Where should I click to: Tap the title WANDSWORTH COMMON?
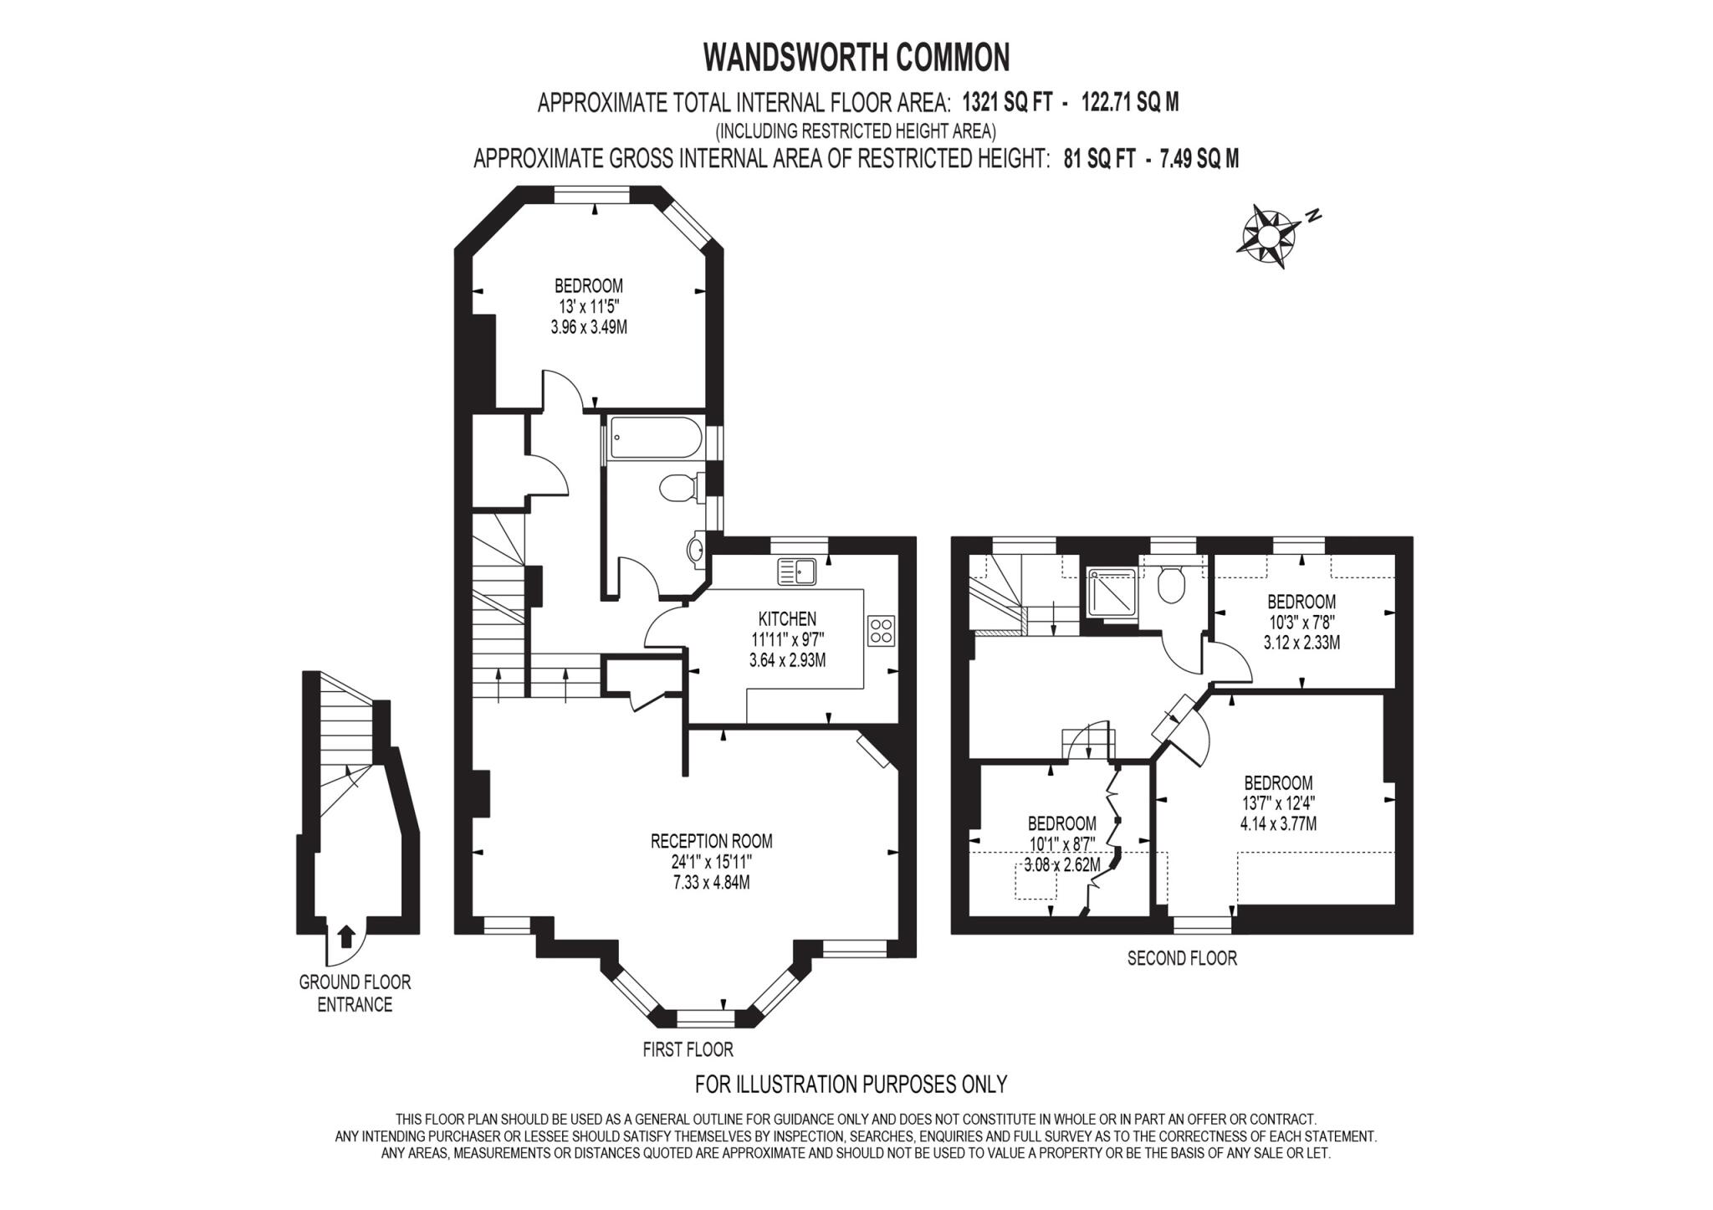[856, 57]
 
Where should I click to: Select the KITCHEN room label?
[787, 619]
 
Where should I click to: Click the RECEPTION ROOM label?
[711, 841]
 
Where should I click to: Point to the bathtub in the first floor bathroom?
[653, 438]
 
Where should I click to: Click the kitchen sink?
[798, 572]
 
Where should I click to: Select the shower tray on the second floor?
[1112, 592]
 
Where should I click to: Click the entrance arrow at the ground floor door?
[347, 936]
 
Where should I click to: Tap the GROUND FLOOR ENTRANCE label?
[355, 993]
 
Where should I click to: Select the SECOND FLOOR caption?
[1182, 958]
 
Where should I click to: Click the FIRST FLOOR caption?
[688, 1048]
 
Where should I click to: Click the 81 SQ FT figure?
[1099, 159]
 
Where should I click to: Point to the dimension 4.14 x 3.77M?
[1278, 823]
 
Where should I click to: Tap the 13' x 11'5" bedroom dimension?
[589, 306]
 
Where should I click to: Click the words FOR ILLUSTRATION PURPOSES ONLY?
[851, 1084]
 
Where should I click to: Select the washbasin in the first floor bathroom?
[696, 550]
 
